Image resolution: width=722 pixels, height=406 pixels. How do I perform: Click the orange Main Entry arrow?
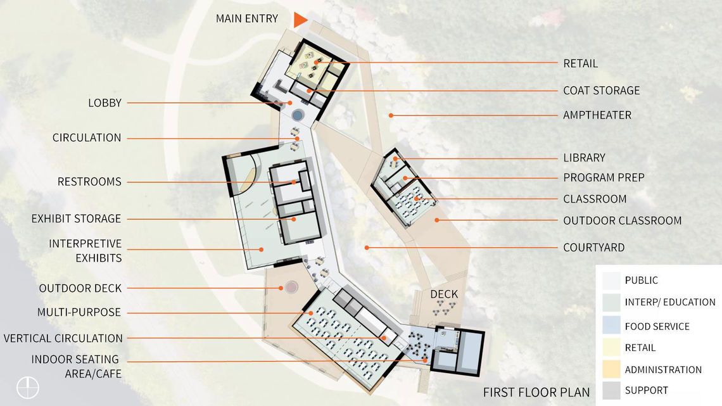point(300,20)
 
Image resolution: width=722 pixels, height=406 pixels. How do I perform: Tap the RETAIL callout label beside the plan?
point(580,63)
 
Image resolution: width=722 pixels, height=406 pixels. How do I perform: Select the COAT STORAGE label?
point(602,91)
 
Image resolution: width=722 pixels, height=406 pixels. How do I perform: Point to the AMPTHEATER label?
point(597,115)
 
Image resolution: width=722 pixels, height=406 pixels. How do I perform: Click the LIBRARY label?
point(584,158)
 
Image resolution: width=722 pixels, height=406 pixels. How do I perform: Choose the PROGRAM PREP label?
point(604,178)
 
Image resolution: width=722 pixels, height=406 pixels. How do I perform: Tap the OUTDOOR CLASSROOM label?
point(622,220)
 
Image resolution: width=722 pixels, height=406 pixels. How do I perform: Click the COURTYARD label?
point(593,248)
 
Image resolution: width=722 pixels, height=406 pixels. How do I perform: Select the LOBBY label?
point(105,103)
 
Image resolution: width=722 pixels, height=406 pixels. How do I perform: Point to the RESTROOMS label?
point(89,182)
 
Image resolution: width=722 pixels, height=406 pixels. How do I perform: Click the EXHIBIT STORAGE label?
point(76,219)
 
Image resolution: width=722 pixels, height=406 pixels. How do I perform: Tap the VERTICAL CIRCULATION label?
point(63,338)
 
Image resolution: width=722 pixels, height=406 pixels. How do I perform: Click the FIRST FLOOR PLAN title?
point(536,393)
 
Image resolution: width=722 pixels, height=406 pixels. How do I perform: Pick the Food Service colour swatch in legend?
point(612,325)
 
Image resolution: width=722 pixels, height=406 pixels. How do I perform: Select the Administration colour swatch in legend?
point(612,369)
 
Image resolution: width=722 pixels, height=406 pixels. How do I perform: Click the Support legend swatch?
point(612,390)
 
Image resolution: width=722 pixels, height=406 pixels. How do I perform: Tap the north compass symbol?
point(28,388)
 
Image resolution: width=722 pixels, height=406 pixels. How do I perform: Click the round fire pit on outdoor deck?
point(291,288)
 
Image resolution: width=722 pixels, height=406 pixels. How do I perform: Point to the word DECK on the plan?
point(444,294)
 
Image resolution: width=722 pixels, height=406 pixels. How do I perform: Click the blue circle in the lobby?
point(298,114)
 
